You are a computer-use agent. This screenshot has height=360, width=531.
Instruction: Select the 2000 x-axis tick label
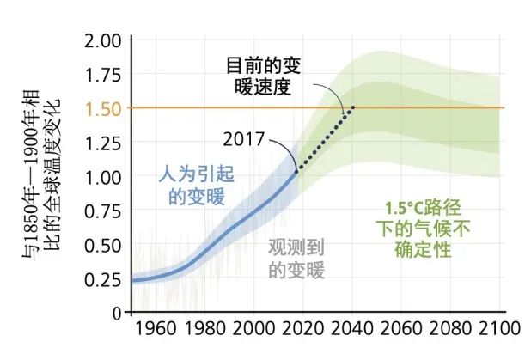point(253,329)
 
